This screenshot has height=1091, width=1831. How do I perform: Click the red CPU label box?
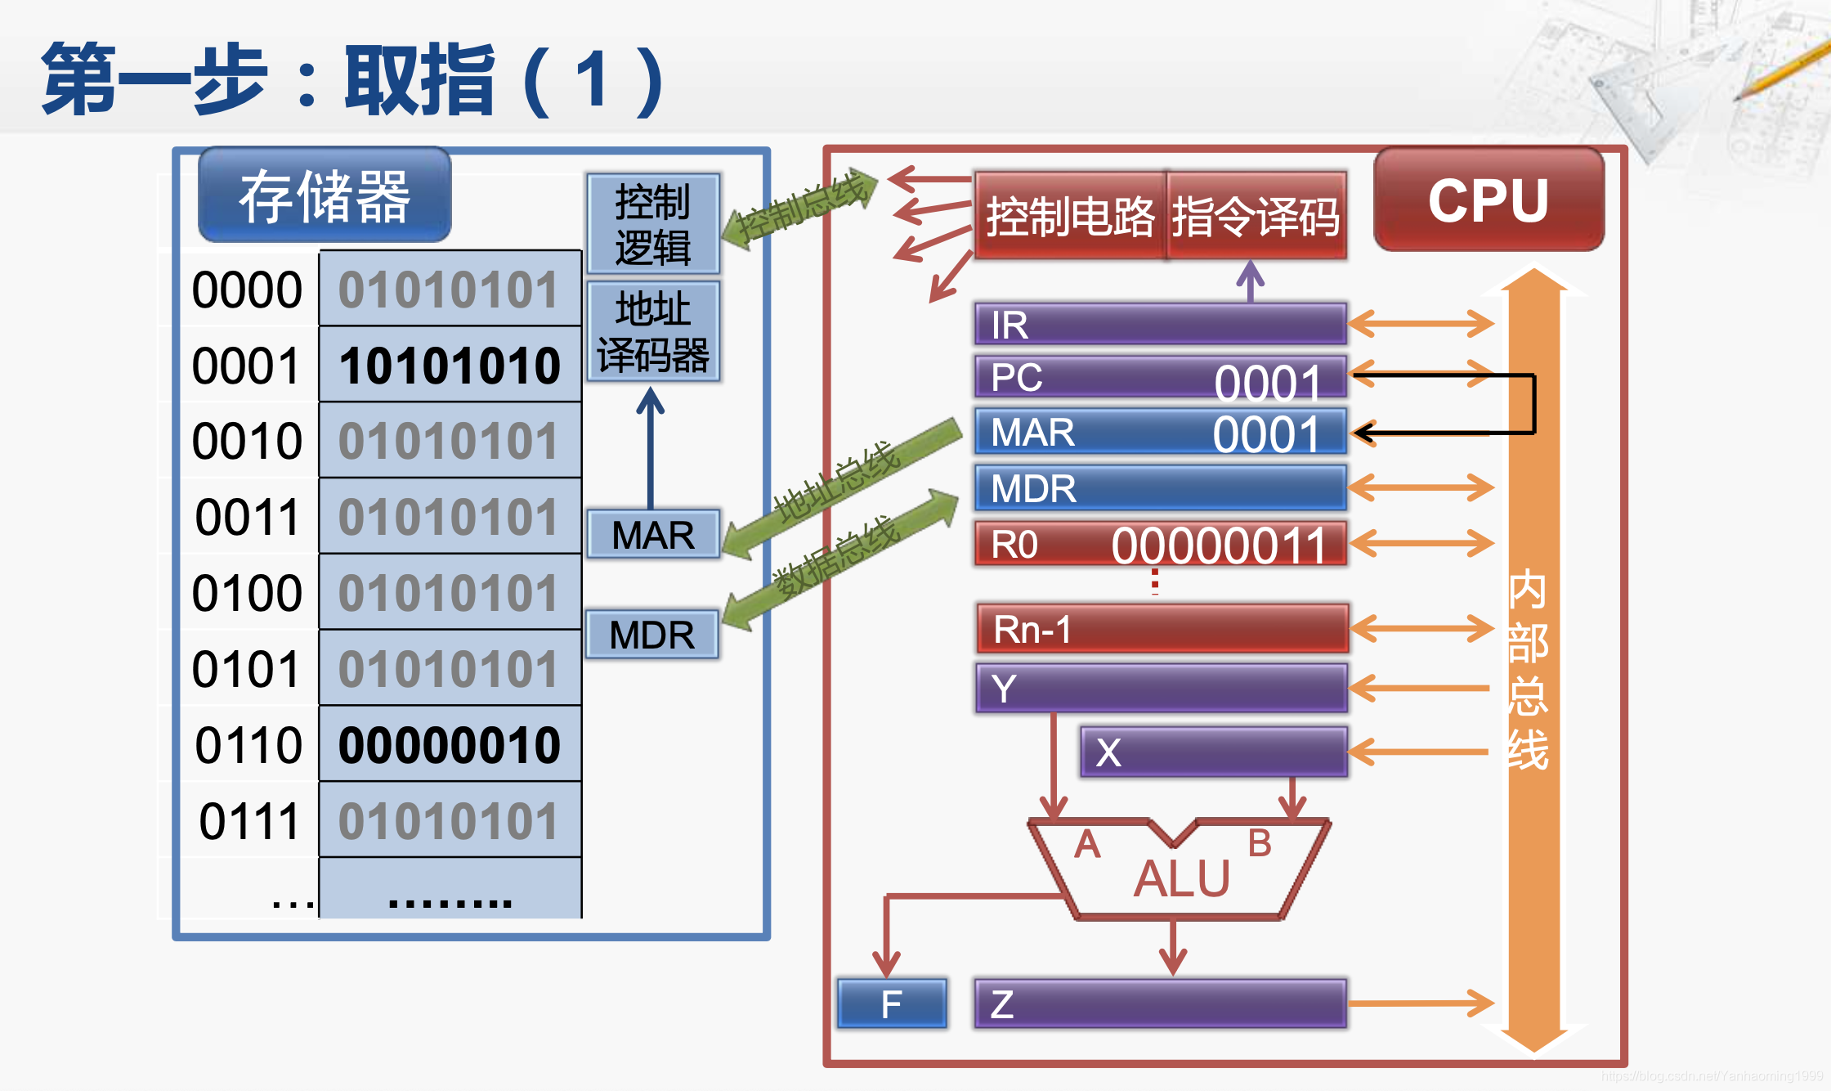[x=1489, y=200]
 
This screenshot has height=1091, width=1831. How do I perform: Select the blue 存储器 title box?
[x=325, y=196]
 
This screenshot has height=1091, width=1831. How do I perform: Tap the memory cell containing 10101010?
[x=450, y=365]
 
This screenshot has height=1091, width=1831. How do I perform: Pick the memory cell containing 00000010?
[x=450, y=745]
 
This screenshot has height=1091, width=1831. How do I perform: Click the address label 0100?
[x=247, y=593]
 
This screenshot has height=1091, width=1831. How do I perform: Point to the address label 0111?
[x=249, y=821]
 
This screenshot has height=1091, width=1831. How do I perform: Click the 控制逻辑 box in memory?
[x=652, y=223]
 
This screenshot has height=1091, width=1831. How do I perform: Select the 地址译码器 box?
[x=652, y=332]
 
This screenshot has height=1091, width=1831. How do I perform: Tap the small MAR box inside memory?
[x=652, y=535]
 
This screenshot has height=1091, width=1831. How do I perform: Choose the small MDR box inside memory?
[x=651, y=635]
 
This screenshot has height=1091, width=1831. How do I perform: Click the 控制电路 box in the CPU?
[x=1070, y=217]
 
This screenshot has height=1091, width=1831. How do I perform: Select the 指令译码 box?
[x=1256, y=217]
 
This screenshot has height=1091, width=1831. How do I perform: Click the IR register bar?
[x=1160, y=325]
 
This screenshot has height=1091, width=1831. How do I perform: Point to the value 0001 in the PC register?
[x=1267, y=382]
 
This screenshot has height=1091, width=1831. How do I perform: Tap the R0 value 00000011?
[x=1218, y=545]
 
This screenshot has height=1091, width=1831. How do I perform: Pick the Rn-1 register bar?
[x=1162, y=629]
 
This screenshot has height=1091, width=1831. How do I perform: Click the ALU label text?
[x=1182, y=879]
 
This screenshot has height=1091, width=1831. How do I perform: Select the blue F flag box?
[x=892, y=1003]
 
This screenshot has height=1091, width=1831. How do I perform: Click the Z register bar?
[x=1160, y=1003]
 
